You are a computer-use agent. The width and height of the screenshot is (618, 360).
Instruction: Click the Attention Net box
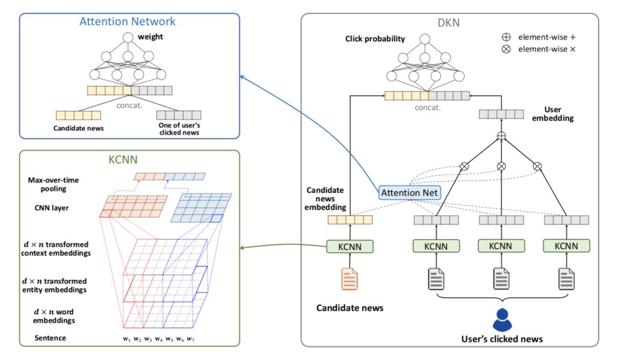click(410, 193)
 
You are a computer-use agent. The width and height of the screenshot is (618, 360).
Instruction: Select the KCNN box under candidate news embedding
click(350, 247)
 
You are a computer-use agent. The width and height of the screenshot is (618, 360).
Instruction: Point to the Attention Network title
click(127, 22)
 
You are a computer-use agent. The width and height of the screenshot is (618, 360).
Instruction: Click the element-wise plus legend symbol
click(505, 37)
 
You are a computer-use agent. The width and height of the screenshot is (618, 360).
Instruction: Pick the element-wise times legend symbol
click(505, 49)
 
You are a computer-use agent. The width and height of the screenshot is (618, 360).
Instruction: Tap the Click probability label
click(375, 39)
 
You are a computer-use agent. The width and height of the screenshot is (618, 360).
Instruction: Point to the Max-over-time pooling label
click(54, 184)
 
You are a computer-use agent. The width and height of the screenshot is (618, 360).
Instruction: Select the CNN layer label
click(51, 208)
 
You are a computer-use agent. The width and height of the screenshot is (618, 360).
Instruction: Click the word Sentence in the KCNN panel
click(50, 338)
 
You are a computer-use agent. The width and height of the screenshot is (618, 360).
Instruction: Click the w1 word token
click(126, 339)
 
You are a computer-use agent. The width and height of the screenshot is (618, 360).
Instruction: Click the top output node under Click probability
click(425, 39)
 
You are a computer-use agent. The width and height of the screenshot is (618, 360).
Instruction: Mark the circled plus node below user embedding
click(501, 136)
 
